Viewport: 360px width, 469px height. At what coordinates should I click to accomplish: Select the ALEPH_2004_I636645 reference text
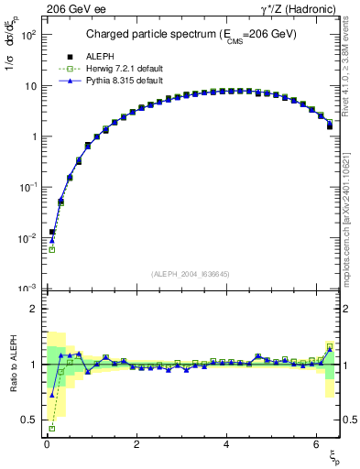click(190, 274)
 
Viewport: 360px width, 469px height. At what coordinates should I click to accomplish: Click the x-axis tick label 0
click(46, 446)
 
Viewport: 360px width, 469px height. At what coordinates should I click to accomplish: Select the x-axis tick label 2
click(136, 446)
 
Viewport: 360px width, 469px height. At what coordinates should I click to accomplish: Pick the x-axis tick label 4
click(225, 446)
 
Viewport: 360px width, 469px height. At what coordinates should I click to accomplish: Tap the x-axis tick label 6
click(315, 446)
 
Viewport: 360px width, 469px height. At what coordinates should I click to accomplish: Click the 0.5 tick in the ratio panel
click(31, 420)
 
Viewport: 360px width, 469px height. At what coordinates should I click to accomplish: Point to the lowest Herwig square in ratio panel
click(52, 429)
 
